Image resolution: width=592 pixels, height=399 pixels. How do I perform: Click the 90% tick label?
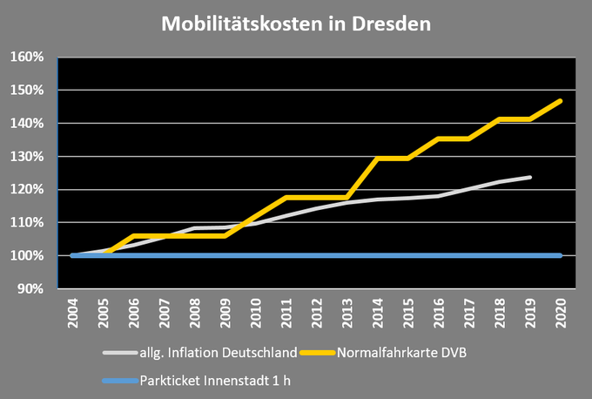pos(30,289)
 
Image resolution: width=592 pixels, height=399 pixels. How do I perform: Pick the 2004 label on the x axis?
pos(73,312)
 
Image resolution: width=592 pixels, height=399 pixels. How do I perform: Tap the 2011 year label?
pos(286,312)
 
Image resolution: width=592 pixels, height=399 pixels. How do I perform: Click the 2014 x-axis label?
pos(378,312)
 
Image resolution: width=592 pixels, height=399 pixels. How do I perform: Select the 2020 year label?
pos(561,312)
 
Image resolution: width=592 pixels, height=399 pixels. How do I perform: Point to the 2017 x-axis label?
pos(469,312)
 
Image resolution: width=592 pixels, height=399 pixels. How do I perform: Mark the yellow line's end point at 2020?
pos(561,101)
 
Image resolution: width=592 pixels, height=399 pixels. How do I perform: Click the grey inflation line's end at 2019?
pos(530,177)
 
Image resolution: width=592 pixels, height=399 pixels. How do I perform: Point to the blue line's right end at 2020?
pos(561,256)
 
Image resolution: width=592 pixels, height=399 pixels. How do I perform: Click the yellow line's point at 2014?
pos(378,159)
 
